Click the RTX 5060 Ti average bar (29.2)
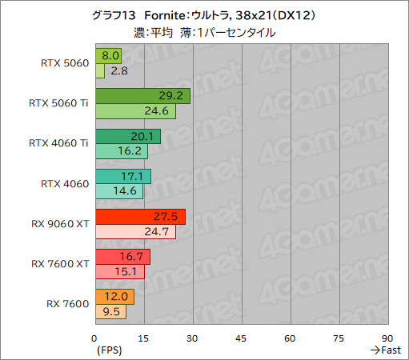pyautogui.click(x=142, y=96)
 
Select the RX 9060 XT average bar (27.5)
pyautogui.click(x=140, y=217)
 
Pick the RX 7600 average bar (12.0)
pyautogui.click(x=114, y=297)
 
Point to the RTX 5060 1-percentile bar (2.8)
pyautogui.click(x=100, y=71)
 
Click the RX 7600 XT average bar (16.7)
pyautogui.click(x=122, y=257)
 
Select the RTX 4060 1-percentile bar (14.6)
pyautogui.click(x=119, y=191)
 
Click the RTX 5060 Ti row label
pyautogui.click(x=58, y=103)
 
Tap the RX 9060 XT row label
pyautogui.click(x=59, y=223)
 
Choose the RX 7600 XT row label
pyautogui.click(x=60, y=263)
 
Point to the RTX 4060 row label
pyautogui.click(x=65, y=183)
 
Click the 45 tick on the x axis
pyautogui.click(x=241, y=338)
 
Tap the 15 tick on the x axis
pyautogui.click(x=143, y=338)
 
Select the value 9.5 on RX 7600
pyautogui.click(x=112, y=312)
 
